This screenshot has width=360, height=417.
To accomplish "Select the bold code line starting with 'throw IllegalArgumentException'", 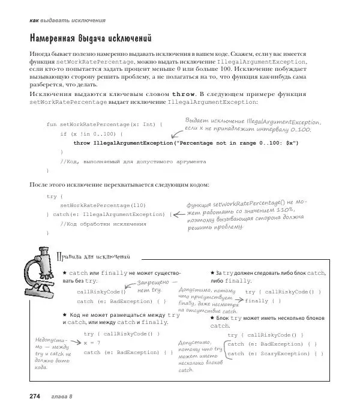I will coord(185,143).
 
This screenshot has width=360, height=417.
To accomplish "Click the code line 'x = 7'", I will coord(92,343).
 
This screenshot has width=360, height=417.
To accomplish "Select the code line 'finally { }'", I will coord(263,301).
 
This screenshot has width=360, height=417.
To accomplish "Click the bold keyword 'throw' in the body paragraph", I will coord(184,94).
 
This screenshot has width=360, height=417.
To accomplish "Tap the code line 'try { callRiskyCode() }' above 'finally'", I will coord(283,292).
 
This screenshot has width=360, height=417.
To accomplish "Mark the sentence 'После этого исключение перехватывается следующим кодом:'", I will coord(119,184).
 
